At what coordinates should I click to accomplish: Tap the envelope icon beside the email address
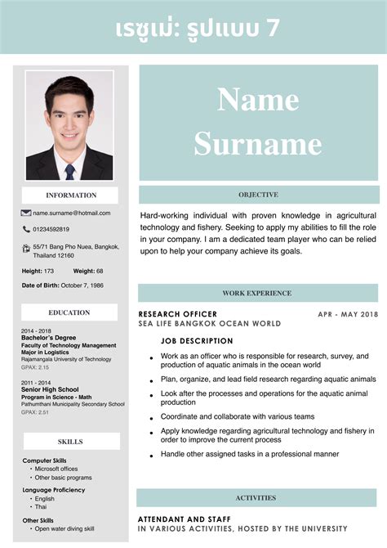tap(26, 213)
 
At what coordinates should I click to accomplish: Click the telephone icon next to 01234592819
tap(26, 230)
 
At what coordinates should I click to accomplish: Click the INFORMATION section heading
tap(70, 195)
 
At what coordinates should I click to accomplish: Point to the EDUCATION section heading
tap(69, 312)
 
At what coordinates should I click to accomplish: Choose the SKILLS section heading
tap(70, 442)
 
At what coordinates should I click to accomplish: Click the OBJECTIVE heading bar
tap(258, 195)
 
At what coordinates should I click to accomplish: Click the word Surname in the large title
tap(258, 145)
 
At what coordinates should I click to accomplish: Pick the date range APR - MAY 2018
tap(348, 314)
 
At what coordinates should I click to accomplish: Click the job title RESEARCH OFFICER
tap(178, 314)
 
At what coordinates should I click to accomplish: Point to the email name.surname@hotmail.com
tap(72, 213)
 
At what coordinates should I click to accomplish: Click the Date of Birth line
tap(63, 285)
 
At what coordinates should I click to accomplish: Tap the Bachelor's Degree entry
tap(49, 338)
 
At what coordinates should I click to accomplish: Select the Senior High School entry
tap(50, 389)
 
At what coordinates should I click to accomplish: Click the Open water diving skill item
tap(64, 528)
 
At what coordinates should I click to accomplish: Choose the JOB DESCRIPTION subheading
tap(197, 340)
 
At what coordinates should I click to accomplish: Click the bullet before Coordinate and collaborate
tap(151, 418)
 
